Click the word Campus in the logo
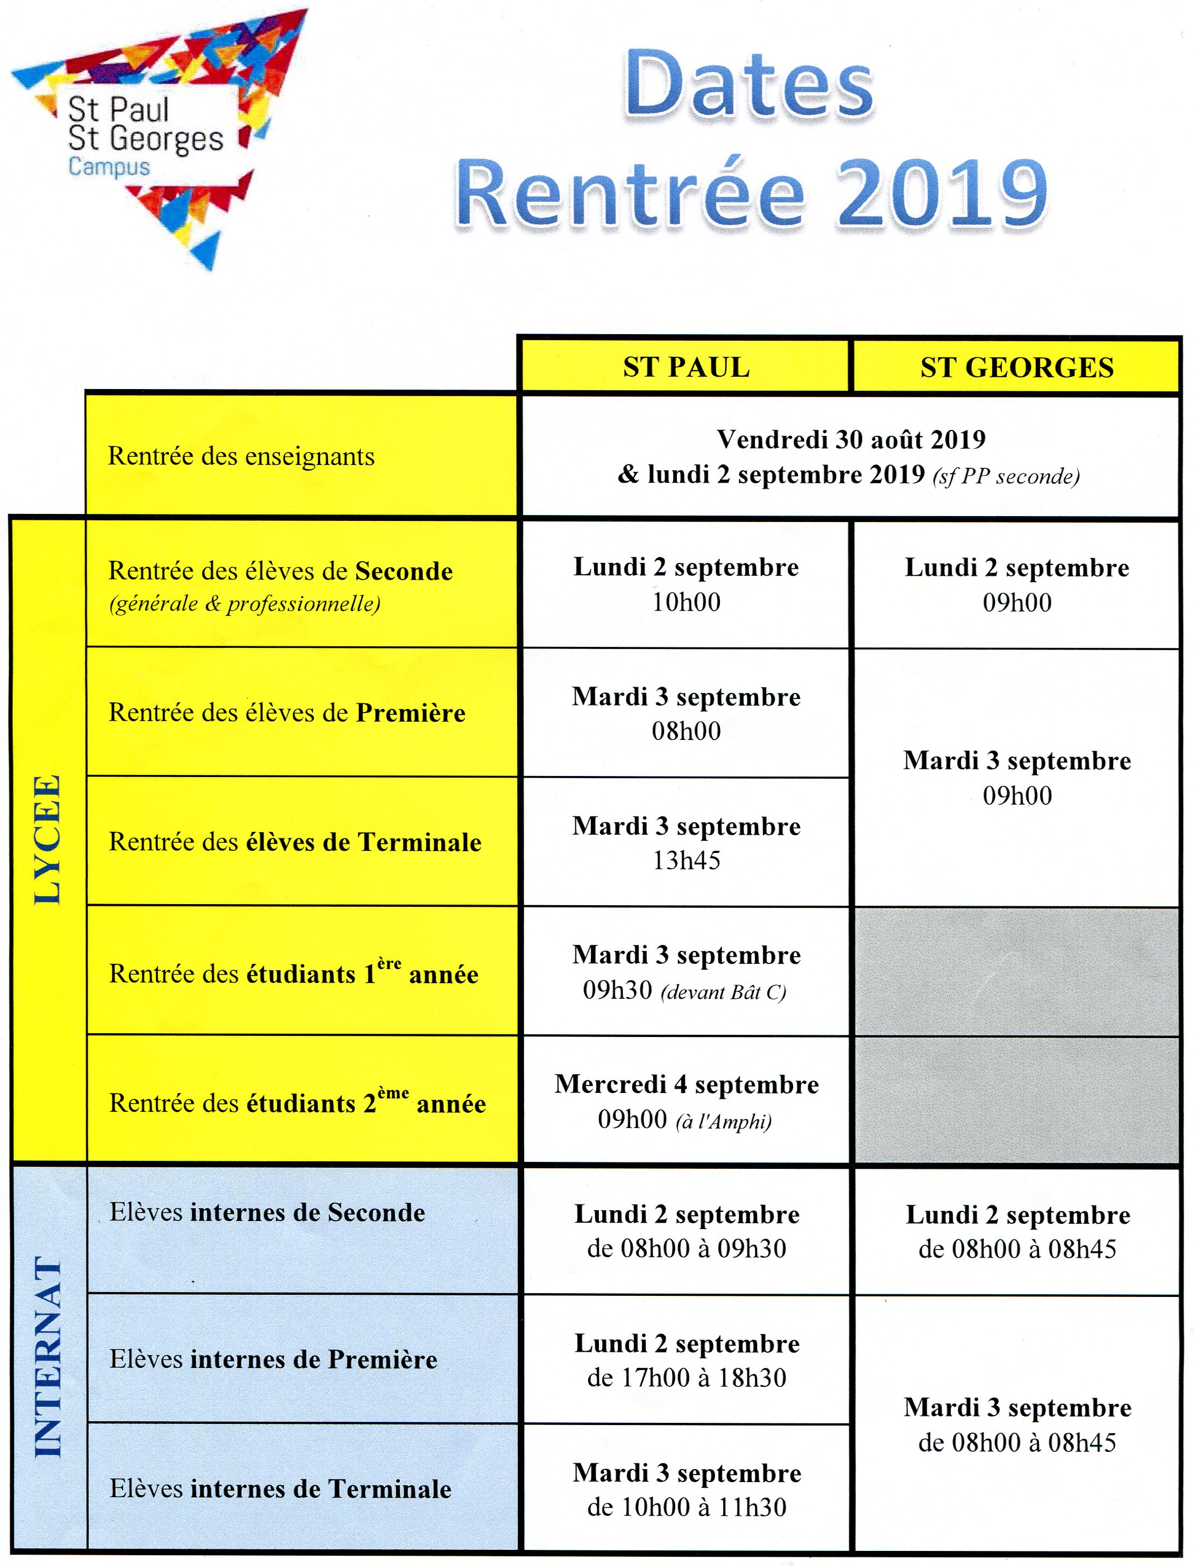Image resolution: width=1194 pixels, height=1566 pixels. point(109,167)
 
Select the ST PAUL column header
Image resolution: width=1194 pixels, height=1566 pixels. point(686,368)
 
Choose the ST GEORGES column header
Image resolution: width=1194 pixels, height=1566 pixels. point(1016,368)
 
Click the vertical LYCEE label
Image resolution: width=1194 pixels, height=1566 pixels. point(48,839)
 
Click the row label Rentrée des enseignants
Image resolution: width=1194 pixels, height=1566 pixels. point(241,456)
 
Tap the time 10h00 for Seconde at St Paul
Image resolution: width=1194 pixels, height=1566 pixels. point(686,602)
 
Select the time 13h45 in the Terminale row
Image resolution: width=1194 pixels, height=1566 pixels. point(686,860)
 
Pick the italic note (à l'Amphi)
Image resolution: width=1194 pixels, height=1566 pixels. point(724,1121)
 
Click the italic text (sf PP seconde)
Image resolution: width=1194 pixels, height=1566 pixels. point(1006,476)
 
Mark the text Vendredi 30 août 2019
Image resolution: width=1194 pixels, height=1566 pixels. point(851,439)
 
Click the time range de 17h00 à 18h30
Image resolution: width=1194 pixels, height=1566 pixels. point(686,1378)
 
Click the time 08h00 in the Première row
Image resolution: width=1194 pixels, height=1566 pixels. point(686,731)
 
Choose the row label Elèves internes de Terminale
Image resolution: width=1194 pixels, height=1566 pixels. point(280,1489)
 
